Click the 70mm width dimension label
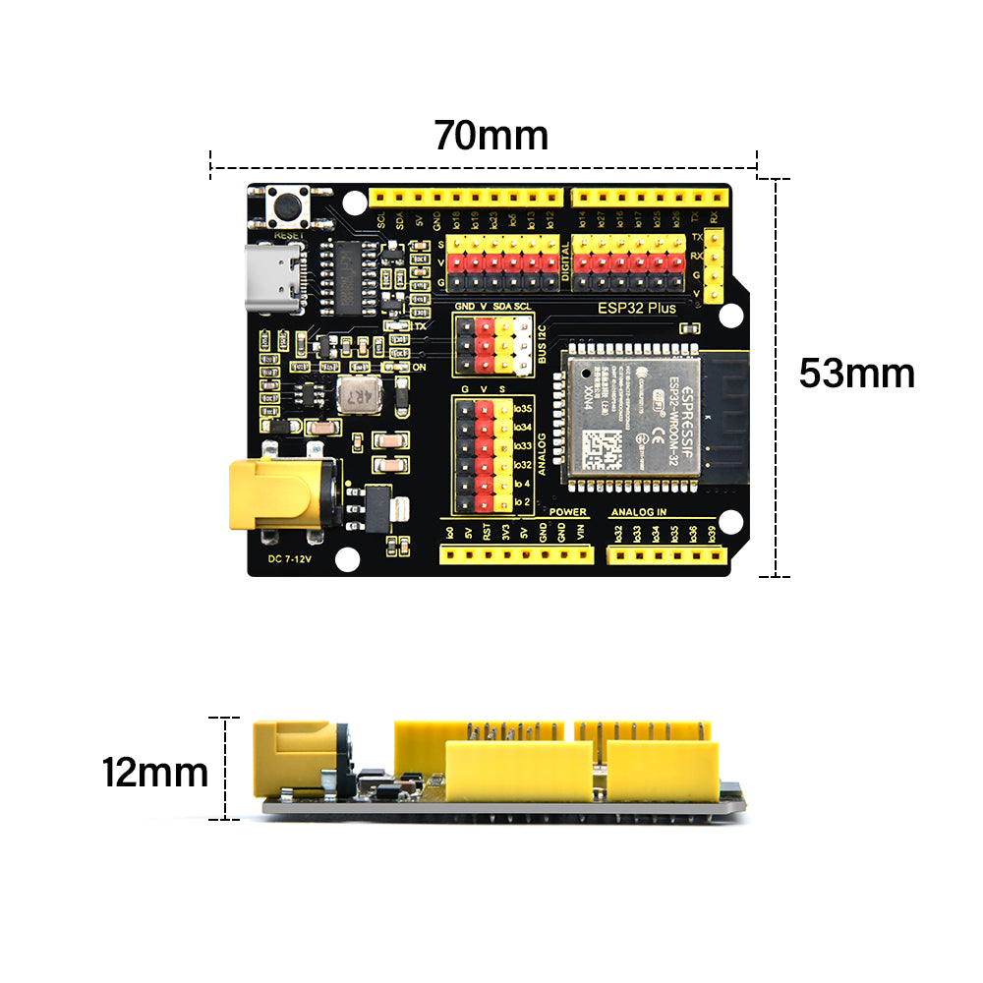pos(491,135)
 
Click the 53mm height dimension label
pos(856,374)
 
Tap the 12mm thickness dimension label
pos(154,773)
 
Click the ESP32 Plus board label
pos(637,308)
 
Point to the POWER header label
pos(568,512)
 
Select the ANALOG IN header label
pos(639,512)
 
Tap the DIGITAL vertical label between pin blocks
pos(564,263)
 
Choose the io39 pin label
pos(713,533)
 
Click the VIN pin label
pos(580,533)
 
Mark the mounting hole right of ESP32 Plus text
pos(729,315)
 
